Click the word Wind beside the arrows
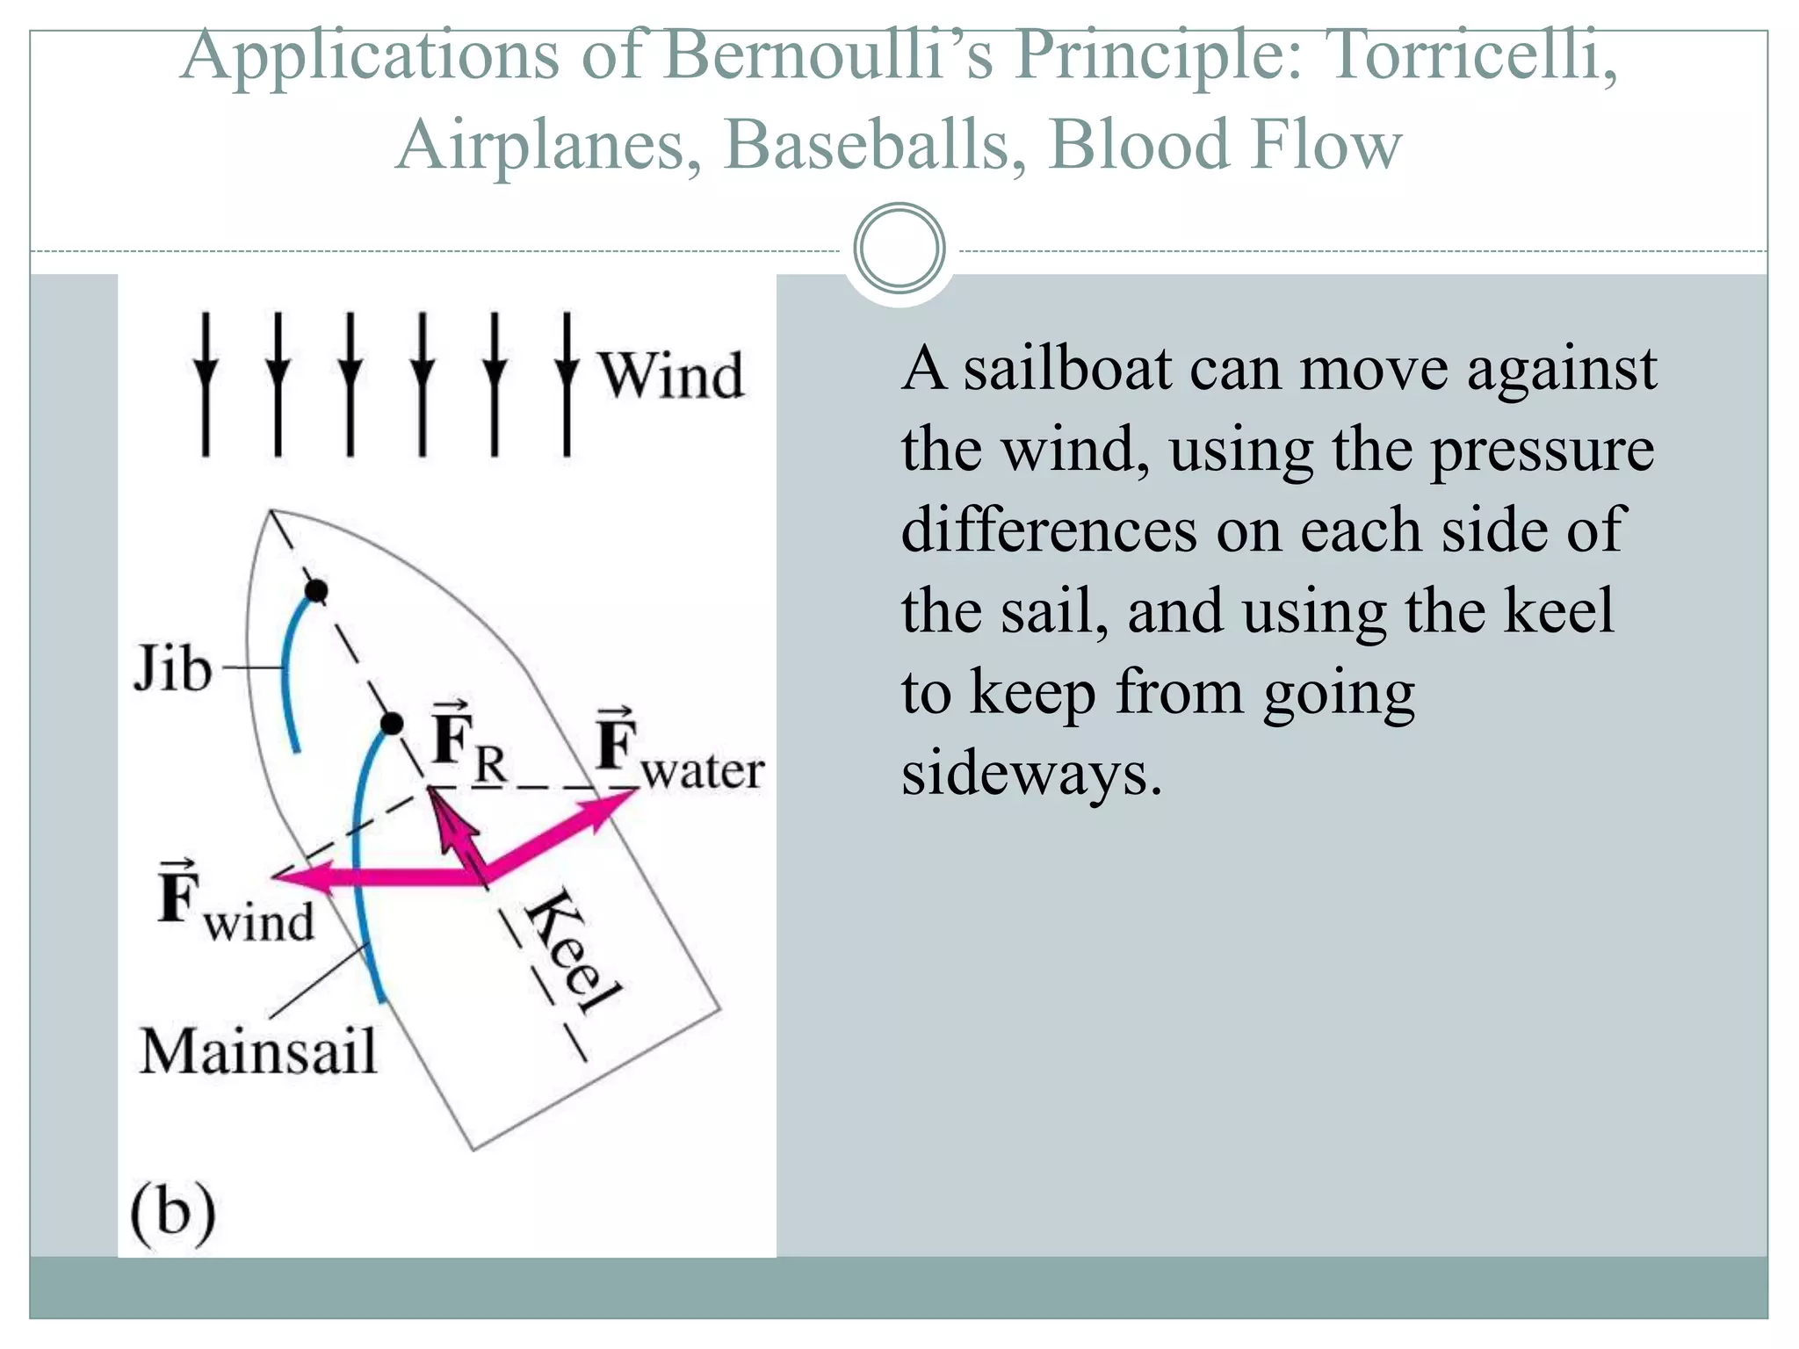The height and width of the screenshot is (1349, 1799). [x=671, y=376]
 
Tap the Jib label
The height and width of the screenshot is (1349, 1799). [x=172, y=669]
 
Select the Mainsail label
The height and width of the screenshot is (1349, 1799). [x=258, y=1051]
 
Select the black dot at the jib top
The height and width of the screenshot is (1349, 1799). [x=316, y=591]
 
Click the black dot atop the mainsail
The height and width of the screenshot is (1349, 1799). [x=392, y=724]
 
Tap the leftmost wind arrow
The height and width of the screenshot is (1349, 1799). [x=206, y=384]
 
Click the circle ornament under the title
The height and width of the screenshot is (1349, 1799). [x=899, y=249]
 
